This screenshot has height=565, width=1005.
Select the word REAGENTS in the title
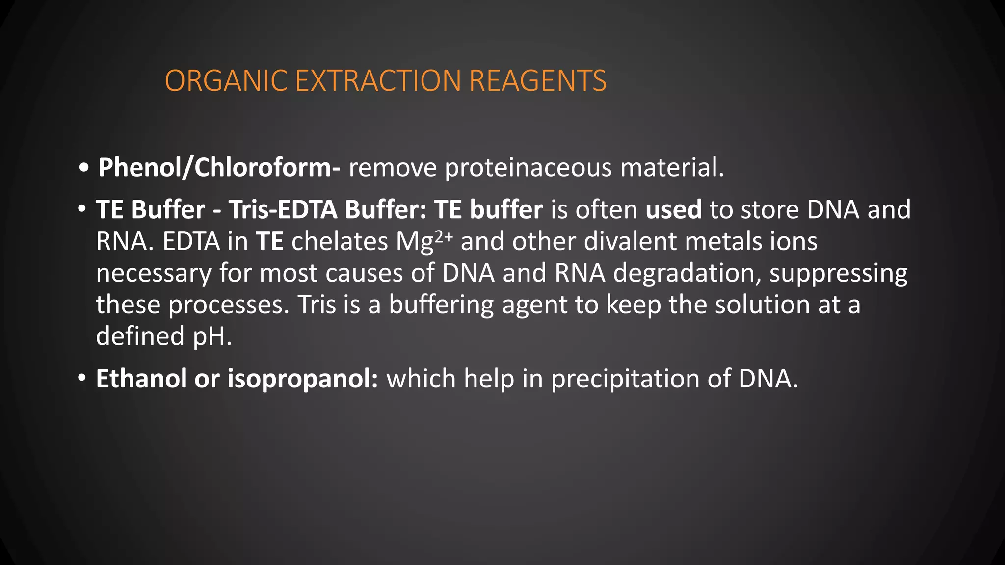click(538, 81)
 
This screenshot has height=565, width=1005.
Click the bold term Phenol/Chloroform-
click(219, 168)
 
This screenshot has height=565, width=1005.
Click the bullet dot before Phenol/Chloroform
click(84, 168)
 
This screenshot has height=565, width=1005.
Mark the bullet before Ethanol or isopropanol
click(82, 379)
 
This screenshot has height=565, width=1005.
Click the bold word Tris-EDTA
click(283, 209)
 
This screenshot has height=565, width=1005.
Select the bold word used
click(673, 209)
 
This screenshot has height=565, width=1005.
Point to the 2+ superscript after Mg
click(444, 237)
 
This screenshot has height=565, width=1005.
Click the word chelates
click(340, 241)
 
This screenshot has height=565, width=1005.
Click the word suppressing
click(838, 273)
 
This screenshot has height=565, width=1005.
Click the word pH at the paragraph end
click(212, 336)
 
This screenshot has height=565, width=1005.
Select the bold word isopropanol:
click(303, 379)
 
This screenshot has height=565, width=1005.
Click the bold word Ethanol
click(141, 379)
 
